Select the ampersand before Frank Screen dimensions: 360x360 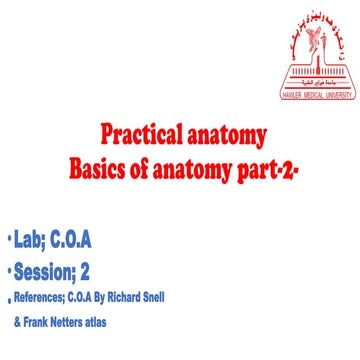click(x=17, y=322)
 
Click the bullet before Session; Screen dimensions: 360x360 click(x=9, y=268)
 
